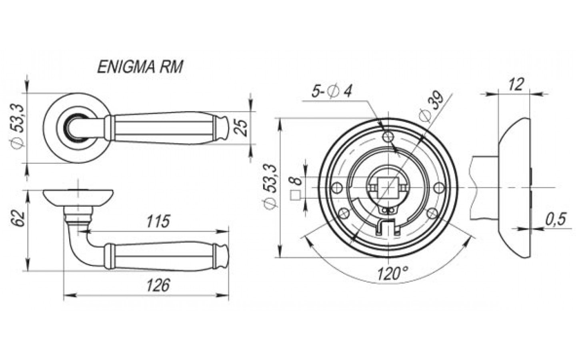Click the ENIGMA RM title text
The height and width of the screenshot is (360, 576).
140,67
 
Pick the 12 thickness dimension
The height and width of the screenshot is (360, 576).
516,84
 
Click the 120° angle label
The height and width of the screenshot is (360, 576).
392,274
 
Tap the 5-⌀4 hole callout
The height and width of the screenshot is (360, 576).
332,92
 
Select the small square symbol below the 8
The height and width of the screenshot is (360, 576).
296,196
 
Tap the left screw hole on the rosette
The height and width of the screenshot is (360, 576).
337,187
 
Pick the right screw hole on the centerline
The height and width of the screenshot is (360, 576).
438,187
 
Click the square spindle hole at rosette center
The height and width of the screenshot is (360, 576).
387,187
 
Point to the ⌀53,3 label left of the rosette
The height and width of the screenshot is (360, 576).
271,186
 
